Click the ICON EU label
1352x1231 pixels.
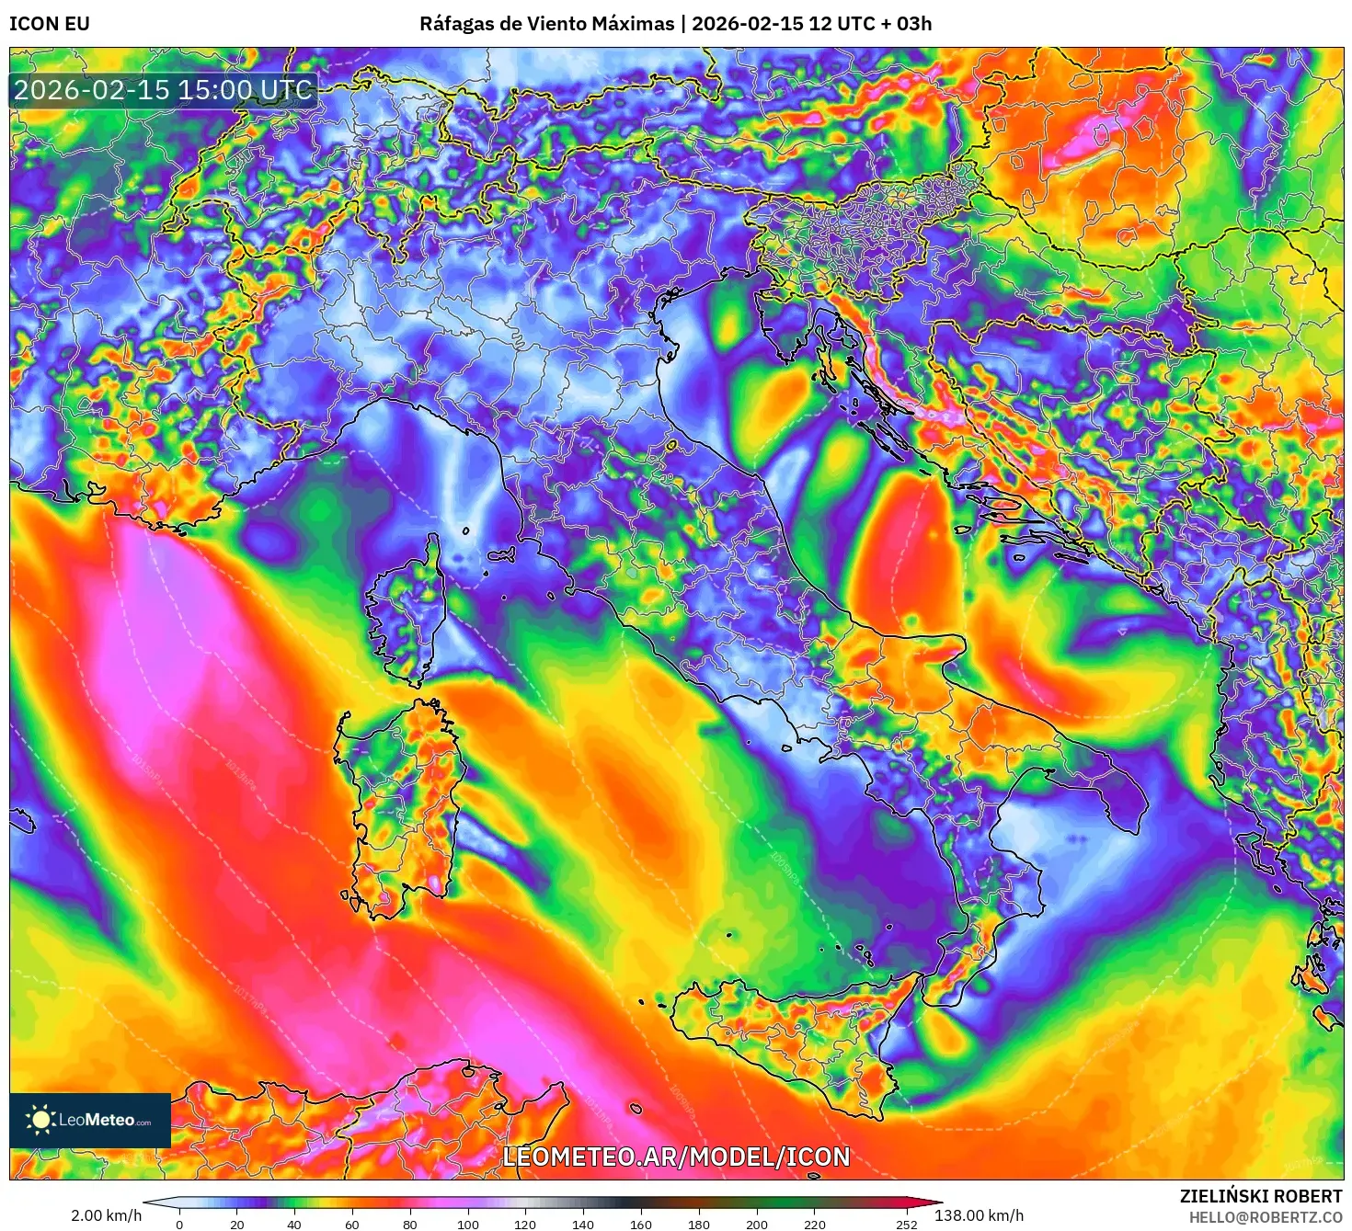pos(50,24)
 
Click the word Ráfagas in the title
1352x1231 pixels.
pos(456,24)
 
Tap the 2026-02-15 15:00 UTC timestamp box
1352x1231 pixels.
pos(164,90)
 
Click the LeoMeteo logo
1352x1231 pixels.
pos(90,1120)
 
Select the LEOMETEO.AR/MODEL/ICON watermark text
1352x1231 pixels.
pos(676,1157)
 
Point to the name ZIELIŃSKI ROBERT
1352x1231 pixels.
pos(1261,1196)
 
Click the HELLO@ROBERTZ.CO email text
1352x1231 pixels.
pos(1266,1217)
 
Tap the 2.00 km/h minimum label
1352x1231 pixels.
pos(106,1215)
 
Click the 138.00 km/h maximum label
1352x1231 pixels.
pos(979,1215)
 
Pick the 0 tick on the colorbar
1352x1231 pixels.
pos(179,1224)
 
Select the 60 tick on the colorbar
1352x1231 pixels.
pos(352,1224)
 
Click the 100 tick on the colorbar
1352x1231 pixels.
pos(467,1224)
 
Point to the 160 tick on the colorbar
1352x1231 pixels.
pos(641,1224)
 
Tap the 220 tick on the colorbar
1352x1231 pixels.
pos(814,1224)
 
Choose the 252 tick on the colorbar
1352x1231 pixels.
pos(907,1224)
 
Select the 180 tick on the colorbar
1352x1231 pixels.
pos(699,1224)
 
